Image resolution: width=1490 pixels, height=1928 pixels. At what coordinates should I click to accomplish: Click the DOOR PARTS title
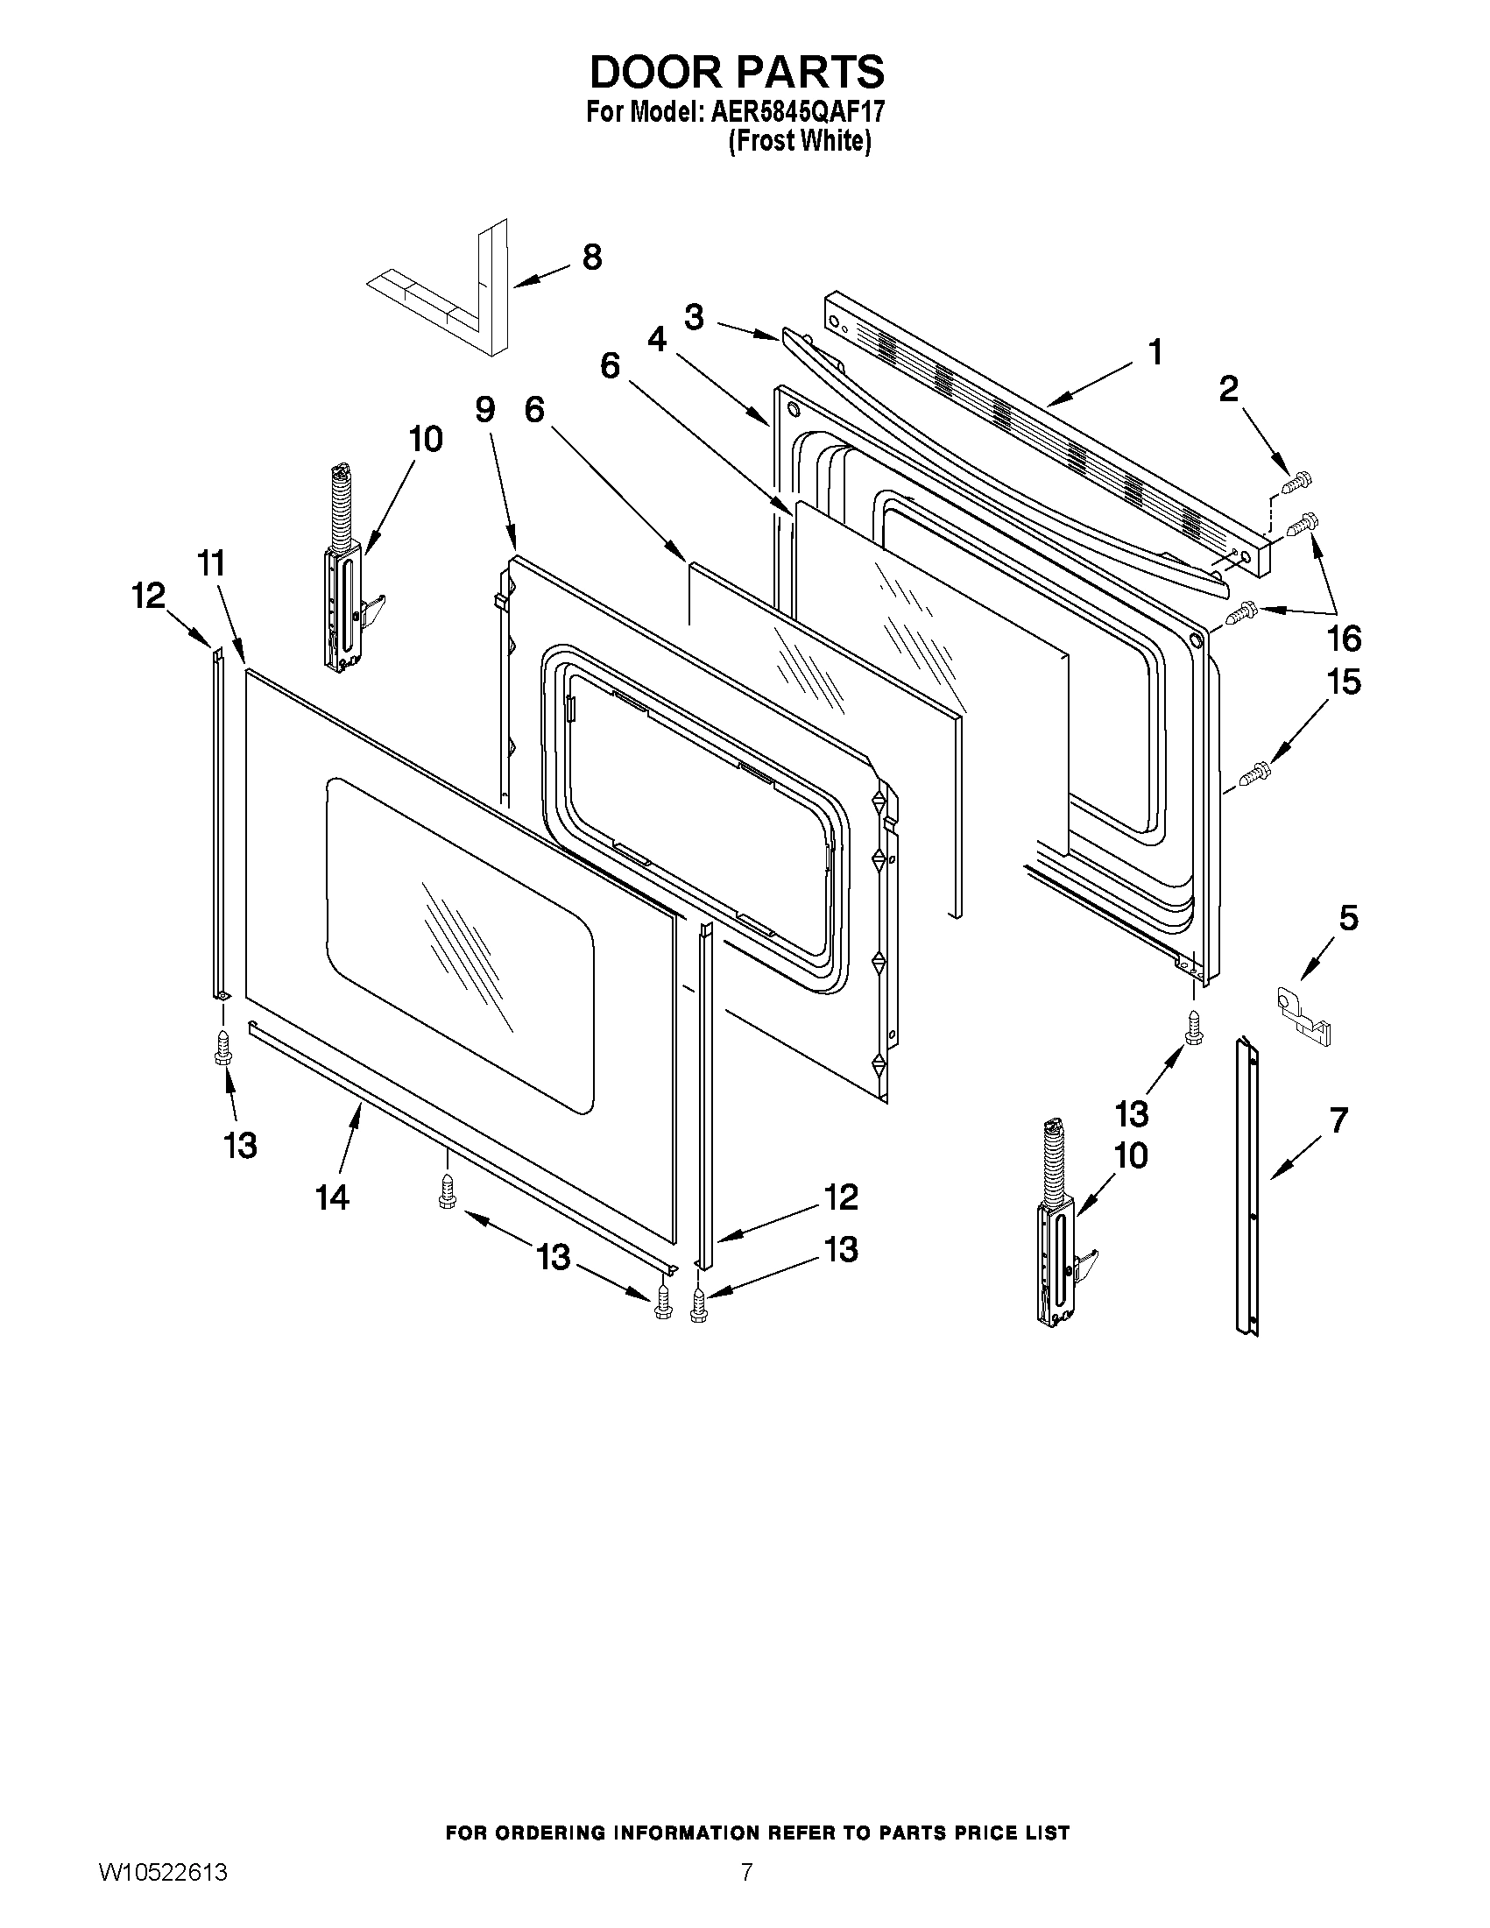point(736,73)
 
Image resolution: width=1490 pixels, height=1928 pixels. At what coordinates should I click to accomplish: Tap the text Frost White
point(800,141)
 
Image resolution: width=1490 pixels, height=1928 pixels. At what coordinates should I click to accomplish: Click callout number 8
point(592,257)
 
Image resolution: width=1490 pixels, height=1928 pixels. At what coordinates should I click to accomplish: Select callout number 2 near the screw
point(1228,388)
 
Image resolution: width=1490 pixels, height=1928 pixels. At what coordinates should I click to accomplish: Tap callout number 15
point(1345,682)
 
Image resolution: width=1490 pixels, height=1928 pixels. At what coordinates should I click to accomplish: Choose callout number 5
point(1348,918)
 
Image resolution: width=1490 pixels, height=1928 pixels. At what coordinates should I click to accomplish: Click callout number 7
point(1338,1120)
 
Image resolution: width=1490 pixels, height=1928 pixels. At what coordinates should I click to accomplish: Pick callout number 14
point(333,1197)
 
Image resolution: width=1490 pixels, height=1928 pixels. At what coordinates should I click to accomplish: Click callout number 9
point(484,410)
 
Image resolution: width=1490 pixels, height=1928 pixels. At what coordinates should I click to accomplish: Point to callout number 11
point(210,562)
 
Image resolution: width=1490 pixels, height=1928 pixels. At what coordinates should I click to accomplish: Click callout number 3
point(694,317)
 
